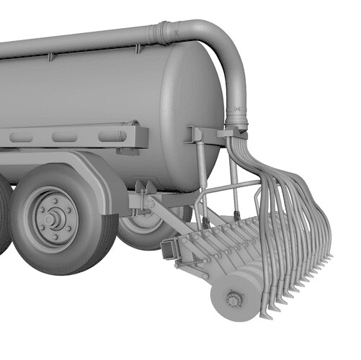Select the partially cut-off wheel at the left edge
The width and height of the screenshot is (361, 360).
[4, 216]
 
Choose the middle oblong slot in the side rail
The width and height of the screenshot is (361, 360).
[65, 137]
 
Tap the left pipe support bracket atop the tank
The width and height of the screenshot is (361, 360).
[50, 56]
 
